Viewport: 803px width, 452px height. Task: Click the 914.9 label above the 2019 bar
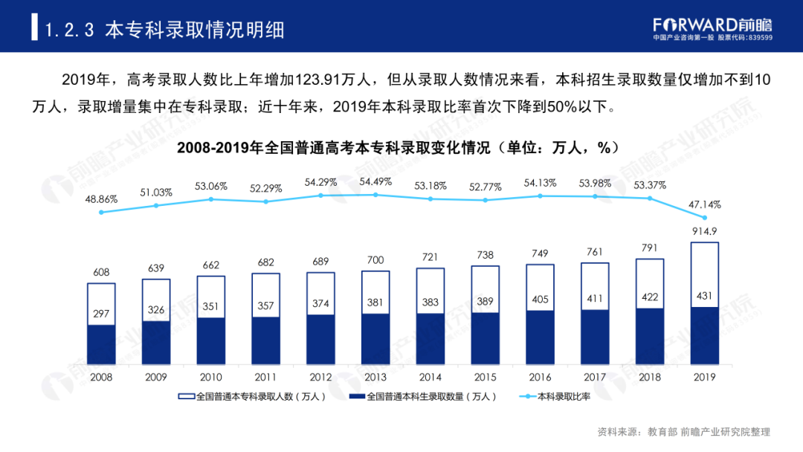pos(704,231)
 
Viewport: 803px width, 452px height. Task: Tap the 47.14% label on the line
pos(704,204)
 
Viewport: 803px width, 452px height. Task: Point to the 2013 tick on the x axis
pos(375,377)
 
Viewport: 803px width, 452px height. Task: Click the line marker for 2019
pos(704,218)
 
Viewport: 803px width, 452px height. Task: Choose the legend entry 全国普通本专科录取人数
pos(253,397)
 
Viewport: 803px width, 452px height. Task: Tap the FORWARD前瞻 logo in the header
pos(712,25)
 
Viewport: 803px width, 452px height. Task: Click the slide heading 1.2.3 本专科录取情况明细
pos(164,30)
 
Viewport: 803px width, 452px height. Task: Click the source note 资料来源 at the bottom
pos(684,432)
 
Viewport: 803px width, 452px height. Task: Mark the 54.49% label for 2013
pos(375,181)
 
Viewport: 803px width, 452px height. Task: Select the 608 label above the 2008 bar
pos(101,272)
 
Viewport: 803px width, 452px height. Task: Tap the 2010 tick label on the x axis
pos(210,377)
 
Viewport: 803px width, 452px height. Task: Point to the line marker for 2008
pos(101,212)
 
